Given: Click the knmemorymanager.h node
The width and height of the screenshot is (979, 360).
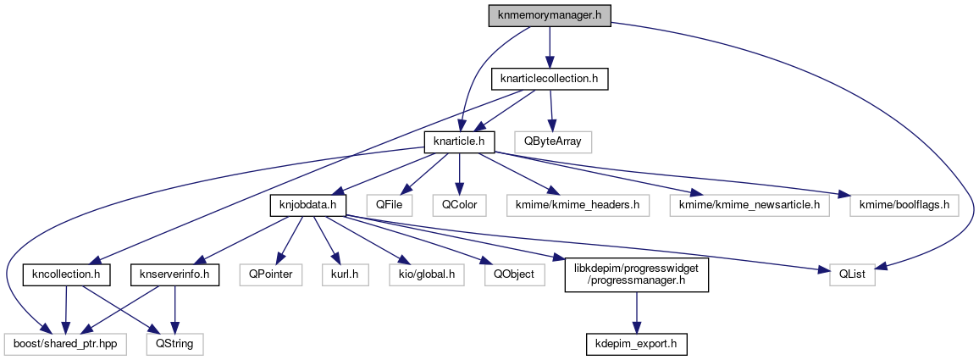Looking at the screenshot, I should click(x=549, y=15).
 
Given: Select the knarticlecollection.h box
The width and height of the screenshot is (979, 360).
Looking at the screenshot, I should click(x=550, y=79).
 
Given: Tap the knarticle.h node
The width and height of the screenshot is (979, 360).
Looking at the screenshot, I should click(x=458, y=141).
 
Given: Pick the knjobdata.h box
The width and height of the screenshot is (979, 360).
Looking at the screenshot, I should click(x=303, y=204).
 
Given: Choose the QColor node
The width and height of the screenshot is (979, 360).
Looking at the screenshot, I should click(x=458, y=204).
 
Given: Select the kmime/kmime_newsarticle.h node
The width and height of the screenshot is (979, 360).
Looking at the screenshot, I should click(x=744, y=204).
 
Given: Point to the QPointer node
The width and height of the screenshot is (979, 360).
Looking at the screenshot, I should click(x=269, y=274).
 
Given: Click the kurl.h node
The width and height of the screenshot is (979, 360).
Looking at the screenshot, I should click(x=345, y=274).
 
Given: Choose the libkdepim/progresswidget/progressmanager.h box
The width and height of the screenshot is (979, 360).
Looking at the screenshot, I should click(x=637, y=274).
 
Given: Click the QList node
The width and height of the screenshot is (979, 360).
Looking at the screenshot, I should click(x=847, y=274).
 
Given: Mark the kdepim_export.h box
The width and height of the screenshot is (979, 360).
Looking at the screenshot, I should click(x=637, y=345).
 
